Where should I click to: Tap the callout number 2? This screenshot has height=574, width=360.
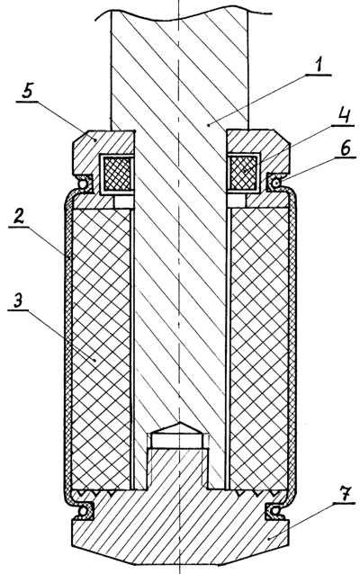[19, 218]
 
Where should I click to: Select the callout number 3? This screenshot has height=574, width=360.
[18, 300]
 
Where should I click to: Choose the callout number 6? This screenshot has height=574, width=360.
[344, 148]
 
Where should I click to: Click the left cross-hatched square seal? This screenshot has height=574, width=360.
[118, 173]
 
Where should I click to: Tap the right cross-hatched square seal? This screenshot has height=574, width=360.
[243, 173]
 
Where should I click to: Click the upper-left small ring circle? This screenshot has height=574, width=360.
[84, 182]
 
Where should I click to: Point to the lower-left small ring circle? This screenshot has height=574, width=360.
[84, 510]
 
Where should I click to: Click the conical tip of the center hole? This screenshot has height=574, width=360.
[179, 422]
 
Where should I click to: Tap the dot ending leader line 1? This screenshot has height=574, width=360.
[209, 125]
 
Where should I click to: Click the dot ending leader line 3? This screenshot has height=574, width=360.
[95, 360]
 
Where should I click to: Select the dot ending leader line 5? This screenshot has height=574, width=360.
[94, 139]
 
